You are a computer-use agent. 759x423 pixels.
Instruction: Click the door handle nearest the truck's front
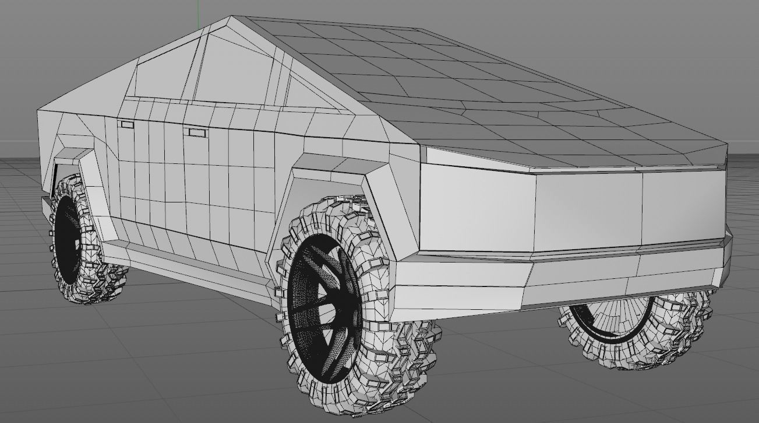coord(126,124)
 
